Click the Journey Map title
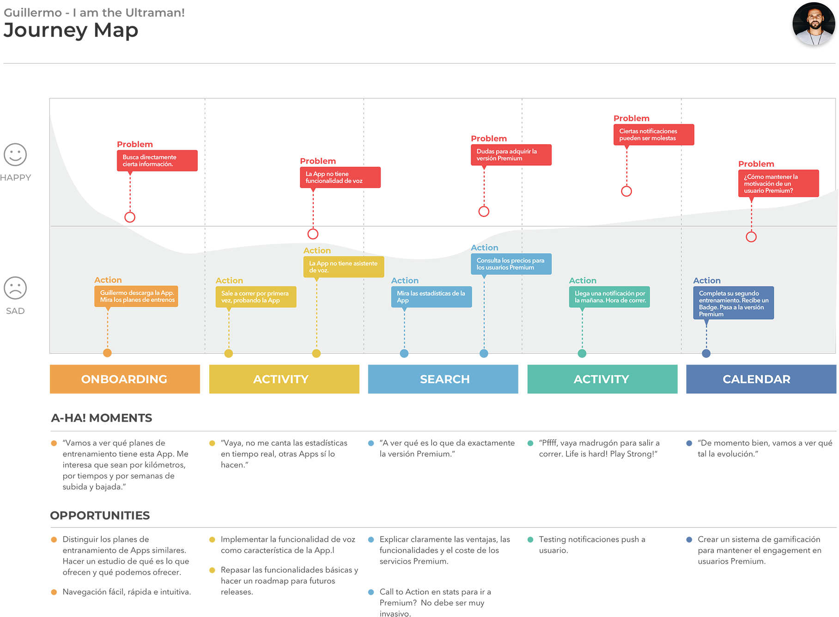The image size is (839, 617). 71,30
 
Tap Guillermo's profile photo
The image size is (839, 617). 814,24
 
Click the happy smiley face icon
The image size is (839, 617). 15,155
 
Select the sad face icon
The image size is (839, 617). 15,288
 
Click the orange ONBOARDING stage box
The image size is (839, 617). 125,379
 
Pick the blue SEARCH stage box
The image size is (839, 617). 443,379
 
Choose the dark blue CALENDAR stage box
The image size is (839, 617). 761,379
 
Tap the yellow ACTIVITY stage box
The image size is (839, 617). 284,379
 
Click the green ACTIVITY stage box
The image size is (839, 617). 602,379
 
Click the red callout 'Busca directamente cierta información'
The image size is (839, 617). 157,161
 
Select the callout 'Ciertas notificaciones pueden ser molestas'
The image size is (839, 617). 654,135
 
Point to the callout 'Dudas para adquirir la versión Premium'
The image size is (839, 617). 511,155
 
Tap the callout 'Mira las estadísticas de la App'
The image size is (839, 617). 432,297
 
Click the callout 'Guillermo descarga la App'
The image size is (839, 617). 136,296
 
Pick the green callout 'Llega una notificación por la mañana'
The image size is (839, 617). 609,297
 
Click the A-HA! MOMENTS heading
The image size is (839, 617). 101,418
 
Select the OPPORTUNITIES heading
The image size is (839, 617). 100,515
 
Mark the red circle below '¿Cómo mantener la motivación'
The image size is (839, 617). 751,237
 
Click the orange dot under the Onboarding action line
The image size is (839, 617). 107,353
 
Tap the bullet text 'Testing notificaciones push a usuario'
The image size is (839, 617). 592,545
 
